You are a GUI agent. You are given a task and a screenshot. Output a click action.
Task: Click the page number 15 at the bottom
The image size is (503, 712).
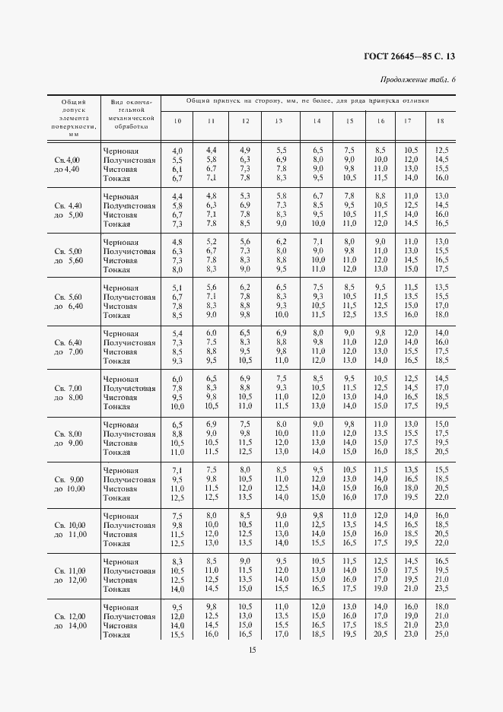[x=251, y=649]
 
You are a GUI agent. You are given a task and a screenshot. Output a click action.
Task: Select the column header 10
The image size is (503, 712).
[x=177, y=122]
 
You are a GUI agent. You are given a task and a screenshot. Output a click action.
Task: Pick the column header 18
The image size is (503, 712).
[x=441, y=122]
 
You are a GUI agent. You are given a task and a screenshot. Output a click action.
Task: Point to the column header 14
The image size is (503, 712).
[x=317, y=122]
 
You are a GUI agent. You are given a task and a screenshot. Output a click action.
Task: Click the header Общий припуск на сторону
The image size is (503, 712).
[x=307, y=100]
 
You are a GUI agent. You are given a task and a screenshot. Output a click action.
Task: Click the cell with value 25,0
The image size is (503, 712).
[x=441, y=634]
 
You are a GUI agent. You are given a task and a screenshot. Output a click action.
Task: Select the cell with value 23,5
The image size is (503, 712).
[x=441, y=589]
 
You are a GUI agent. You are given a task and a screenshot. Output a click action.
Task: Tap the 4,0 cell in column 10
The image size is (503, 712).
[x=177, y=151]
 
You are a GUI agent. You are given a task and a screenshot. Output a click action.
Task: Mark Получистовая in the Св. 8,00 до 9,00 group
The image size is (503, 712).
[x=129, y=434]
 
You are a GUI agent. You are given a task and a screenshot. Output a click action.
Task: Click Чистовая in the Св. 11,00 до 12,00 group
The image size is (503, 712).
[x=119, y=580]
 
